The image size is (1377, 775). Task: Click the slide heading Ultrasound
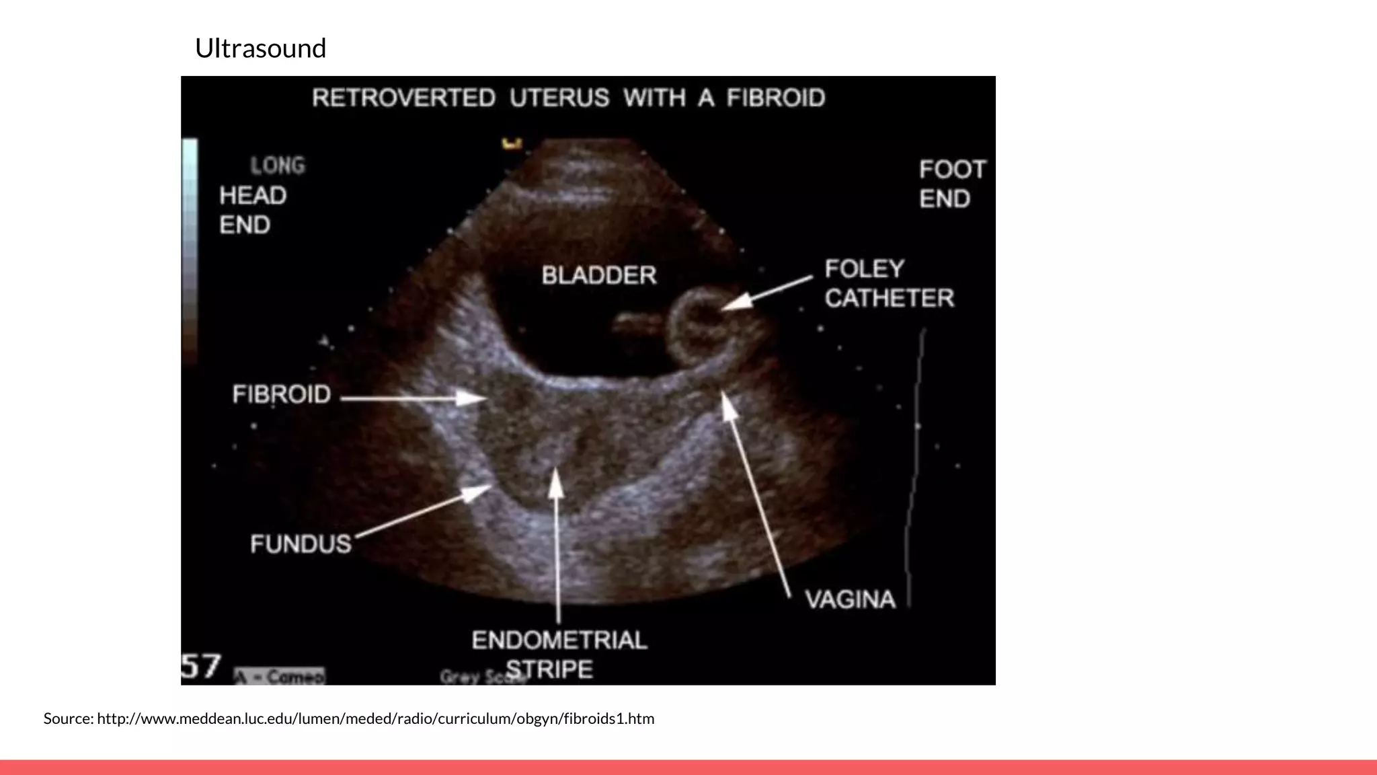pyautogui.click(x=260, y=48)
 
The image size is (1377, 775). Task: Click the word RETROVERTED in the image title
pyautogui.click(x=403, y=98)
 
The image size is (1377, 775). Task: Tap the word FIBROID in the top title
pyautogui.click(x=775, y=98)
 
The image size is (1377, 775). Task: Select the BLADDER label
pyautogui.click(x=598, y=275)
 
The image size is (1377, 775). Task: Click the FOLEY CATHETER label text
pyautogui.click(x=888, y=283)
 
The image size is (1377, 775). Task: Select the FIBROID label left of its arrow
pyautogui.click(x=281, y=394)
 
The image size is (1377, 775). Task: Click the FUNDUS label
pyautogui.click(x=301, y=544)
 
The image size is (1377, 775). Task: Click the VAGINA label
pyautogui.click(x=850, y=599)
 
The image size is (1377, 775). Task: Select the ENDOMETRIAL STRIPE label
pyautogui.click(x=558, y=654)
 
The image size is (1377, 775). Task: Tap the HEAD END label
pyautogui.click(x=253, y=210)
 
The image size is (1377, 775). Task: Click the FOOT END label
pyautogui.click(x=951, y=184)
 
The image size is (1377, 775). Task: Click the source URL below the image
pyautogui.click(x=375, y=718)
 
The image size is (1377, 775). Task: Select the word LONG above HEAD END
pyautogui.click(x=278, y=165)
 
